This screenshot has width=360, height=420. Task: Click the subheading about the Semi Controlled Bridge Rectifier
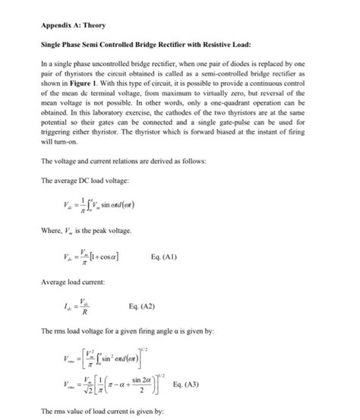pyautogui.click(x=144, y=45)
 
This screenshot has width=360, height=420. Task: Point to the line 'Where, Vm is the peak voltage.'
pyautogui.click(x=87, y=231)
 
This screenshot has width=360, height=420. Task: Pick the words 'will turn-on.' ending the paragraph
pyautogui.click(x=58, y=141)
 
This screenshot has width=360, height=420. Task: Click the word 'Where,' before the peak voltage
pyautogui.click(x=51, y=231)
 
